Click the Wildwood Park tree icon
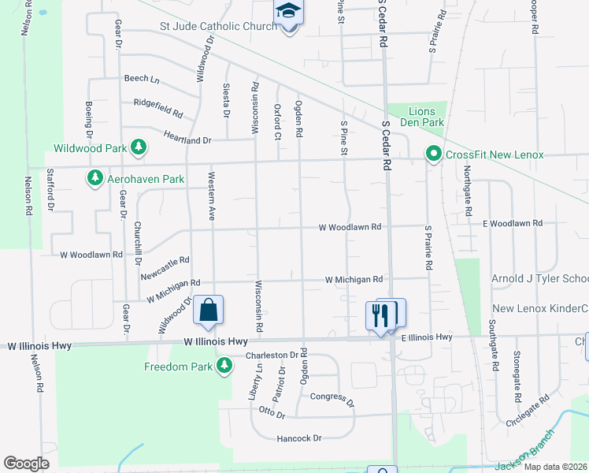click(x=139, y=147)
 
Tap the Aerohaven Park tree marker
click(x=95, y=179)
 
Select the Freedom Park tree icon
click(x=224, y=366)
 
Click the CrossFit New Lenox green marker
click(x=432, y=154)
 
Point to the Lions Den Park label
click(x=426, y=117)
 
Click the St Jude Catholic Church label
click(x=218, y=27)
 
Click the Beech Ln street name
click(x=142, y=80)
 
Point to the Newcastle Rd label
click(x=165, y=268)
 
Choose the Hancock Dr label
click(x=299, y=438)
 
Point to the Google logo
click(x=26, y=463)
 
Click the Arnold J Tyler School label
click(x=539, y=279)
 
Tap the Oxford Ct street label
click(x=277, y=121)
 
